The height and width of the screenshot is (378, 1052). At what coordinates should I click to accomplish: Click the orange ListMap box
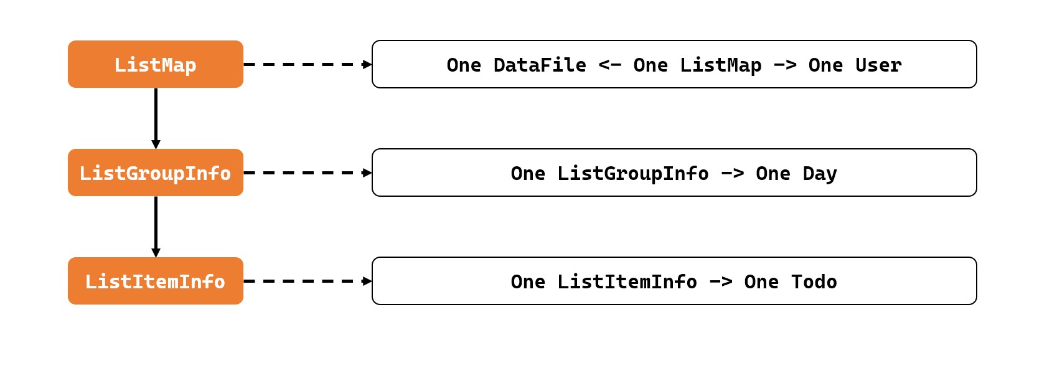(x=155, y=64)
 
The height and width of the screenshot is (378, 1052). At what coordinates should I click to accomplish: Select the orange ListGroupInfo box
(x=155, y=172)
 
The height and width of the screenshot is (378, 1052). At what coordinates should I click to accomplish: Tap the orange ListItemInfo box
(x=155, y=281)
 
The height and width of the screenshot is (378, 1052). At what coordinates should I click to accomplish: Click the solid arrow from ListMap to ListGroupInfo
(x=156, y=118)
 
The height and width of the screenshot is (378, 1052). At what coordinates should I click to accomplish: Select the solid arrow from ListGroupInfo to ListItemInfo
(x=156, y=227)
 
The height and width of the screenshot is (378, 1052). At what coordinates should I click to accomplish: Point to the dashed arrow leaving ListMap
(x=308, y=64)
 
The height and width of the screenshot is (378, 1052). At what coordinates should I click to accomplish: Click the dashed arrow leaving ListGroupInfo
(x=308, y=172)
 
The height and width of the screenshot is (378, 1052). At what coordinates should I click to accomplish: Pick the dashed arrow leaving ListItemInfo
(x=308, y=281)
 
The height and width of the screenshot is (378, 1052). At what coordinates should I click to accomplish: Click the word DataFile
(x=540, y=65)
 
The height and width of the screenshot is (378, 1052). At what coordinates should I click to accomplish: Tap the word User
(x=878, y=65)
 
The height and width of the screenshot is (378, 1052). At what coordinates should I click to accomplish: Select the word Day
(x=820, y=173)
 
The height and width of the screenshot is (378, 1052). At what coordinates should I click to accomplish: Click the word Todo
(x=814, y=281)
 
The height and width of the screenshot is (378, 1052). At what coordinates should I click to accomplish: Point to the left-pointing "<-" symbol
(x=609, y=65)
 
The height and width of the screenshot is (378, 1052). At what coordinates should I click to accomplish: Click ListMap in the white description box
(x=720, y=65)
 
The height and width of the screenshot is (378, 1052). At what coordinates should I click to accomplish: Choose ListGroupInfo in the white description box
(x=632, y=173)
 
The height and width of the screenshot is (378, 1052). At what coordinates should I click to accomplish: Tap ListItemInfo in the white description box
(x=627, y=281)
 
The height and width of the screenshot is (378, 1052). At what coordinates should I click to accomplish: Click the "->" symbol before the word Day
(x=732, y=173)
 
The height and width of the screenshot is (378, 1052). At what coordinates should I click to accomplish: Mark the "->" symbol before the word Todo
(x=720, y=281)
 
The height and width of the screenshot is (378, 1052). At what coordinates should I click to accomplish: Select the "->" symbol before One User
(x=785, y=65)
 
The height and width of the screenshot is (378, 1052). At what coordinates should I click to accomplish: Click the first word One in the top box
(x=464, y=65)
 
